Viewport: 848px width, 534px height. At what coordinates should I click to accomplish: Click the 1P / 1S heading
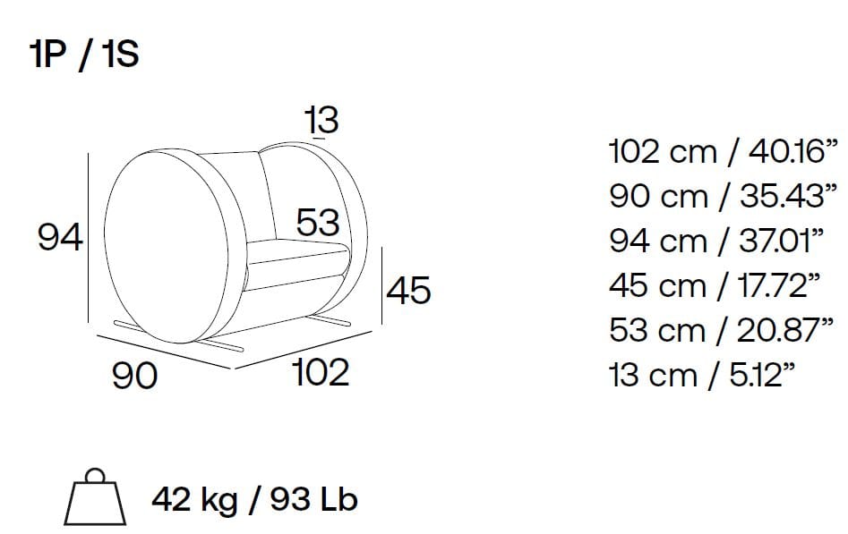(x=84, y=55)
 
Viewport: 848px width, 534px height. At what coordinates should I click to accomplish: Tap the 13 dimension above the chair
(x=321, y=120)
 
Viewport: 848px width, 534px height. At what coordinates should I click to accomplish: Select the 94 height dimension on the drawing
(x=60, y=237)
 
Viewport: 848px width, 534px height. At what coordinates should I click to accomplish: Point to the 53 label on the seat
(x=318, y=222)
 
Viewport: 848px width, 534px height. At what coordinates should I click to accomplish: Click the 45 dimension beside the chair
(x=408, y=290)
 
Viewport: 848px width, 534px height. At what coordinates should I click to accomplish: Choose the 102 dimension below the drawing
(x=321, y=372)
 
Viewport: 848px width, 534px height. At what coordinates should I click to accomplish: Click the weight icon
(x=95, y=496)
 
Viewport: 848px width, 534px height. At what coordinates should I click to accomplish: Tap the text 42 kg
(x=194, y=500)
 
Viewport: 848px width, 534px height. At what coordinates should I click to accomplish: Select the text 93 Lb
(x=313, y=499)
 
